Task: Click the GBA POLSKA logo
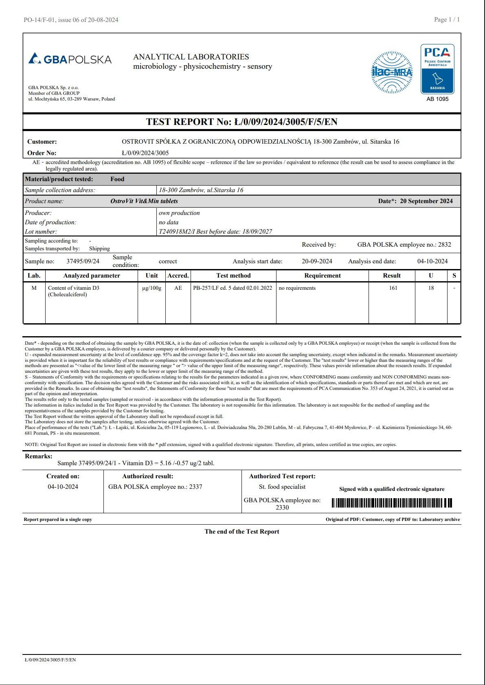(x=70, y=59)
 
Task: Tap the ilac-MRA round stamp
(x=392, y=72)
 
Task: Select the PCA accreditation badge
(x=437, y=69)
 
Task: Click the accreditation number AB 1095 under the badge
(x=437, y=99)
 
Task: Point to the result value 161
(x=393, y=288)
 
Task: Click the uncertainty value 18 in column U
(x=431, y=288)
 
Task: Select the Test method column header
(x=233, y=276)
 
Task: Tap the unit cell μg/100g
(x=151, y=288)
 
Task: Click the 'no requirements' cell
(x=297, y=288)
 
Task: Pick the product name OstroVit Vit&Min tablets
(x=144, y=201)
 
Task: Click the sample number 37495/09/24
(x=83, y=261)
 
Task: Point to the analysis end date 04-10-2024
(x=432, y=261)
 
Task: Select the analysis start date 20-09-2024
(x=317, y=261)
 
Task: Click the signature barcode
(x=392, y=503)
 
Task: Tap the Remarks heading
(x=39, y=456)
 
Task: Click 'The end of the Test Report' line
(x=242, y=532)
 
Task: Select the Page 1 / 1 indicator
(x=447, y=20)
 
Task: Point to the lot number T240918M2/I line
(x=215, y=232)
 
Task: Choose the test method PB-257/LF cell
(x=233, y=288)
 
